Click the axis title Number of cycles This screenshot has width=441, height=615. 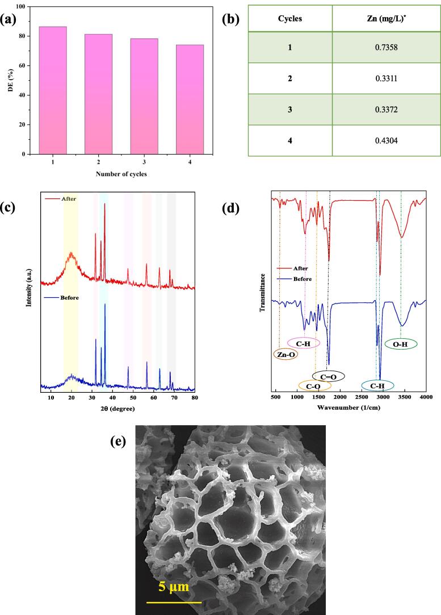tap(121, 174)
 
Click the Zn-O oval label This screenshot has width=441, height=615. tap(285, 355)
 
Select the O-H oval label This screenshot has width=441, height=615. tap(401, 344)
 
